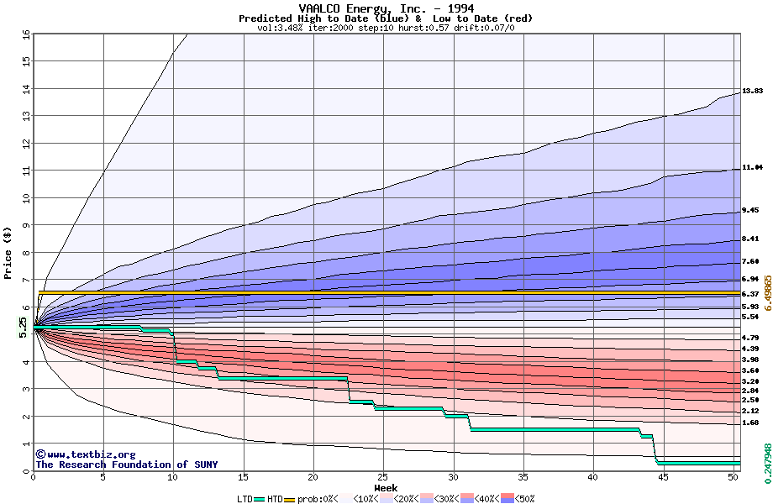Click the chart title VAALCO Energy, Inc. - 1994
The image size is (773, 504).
(386, 8)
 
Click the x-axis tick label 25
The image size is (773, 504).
(383, 477)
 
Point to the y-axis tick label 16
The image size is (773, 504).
(25, 34)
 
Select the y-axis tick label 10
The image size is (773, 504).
(25, 198)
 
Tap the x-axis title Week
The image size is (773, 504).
(386, 487)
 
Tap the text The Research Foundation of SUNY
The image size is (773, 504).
(126, 465)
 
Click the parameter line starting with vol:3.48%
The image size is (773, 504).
(386, 28)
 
